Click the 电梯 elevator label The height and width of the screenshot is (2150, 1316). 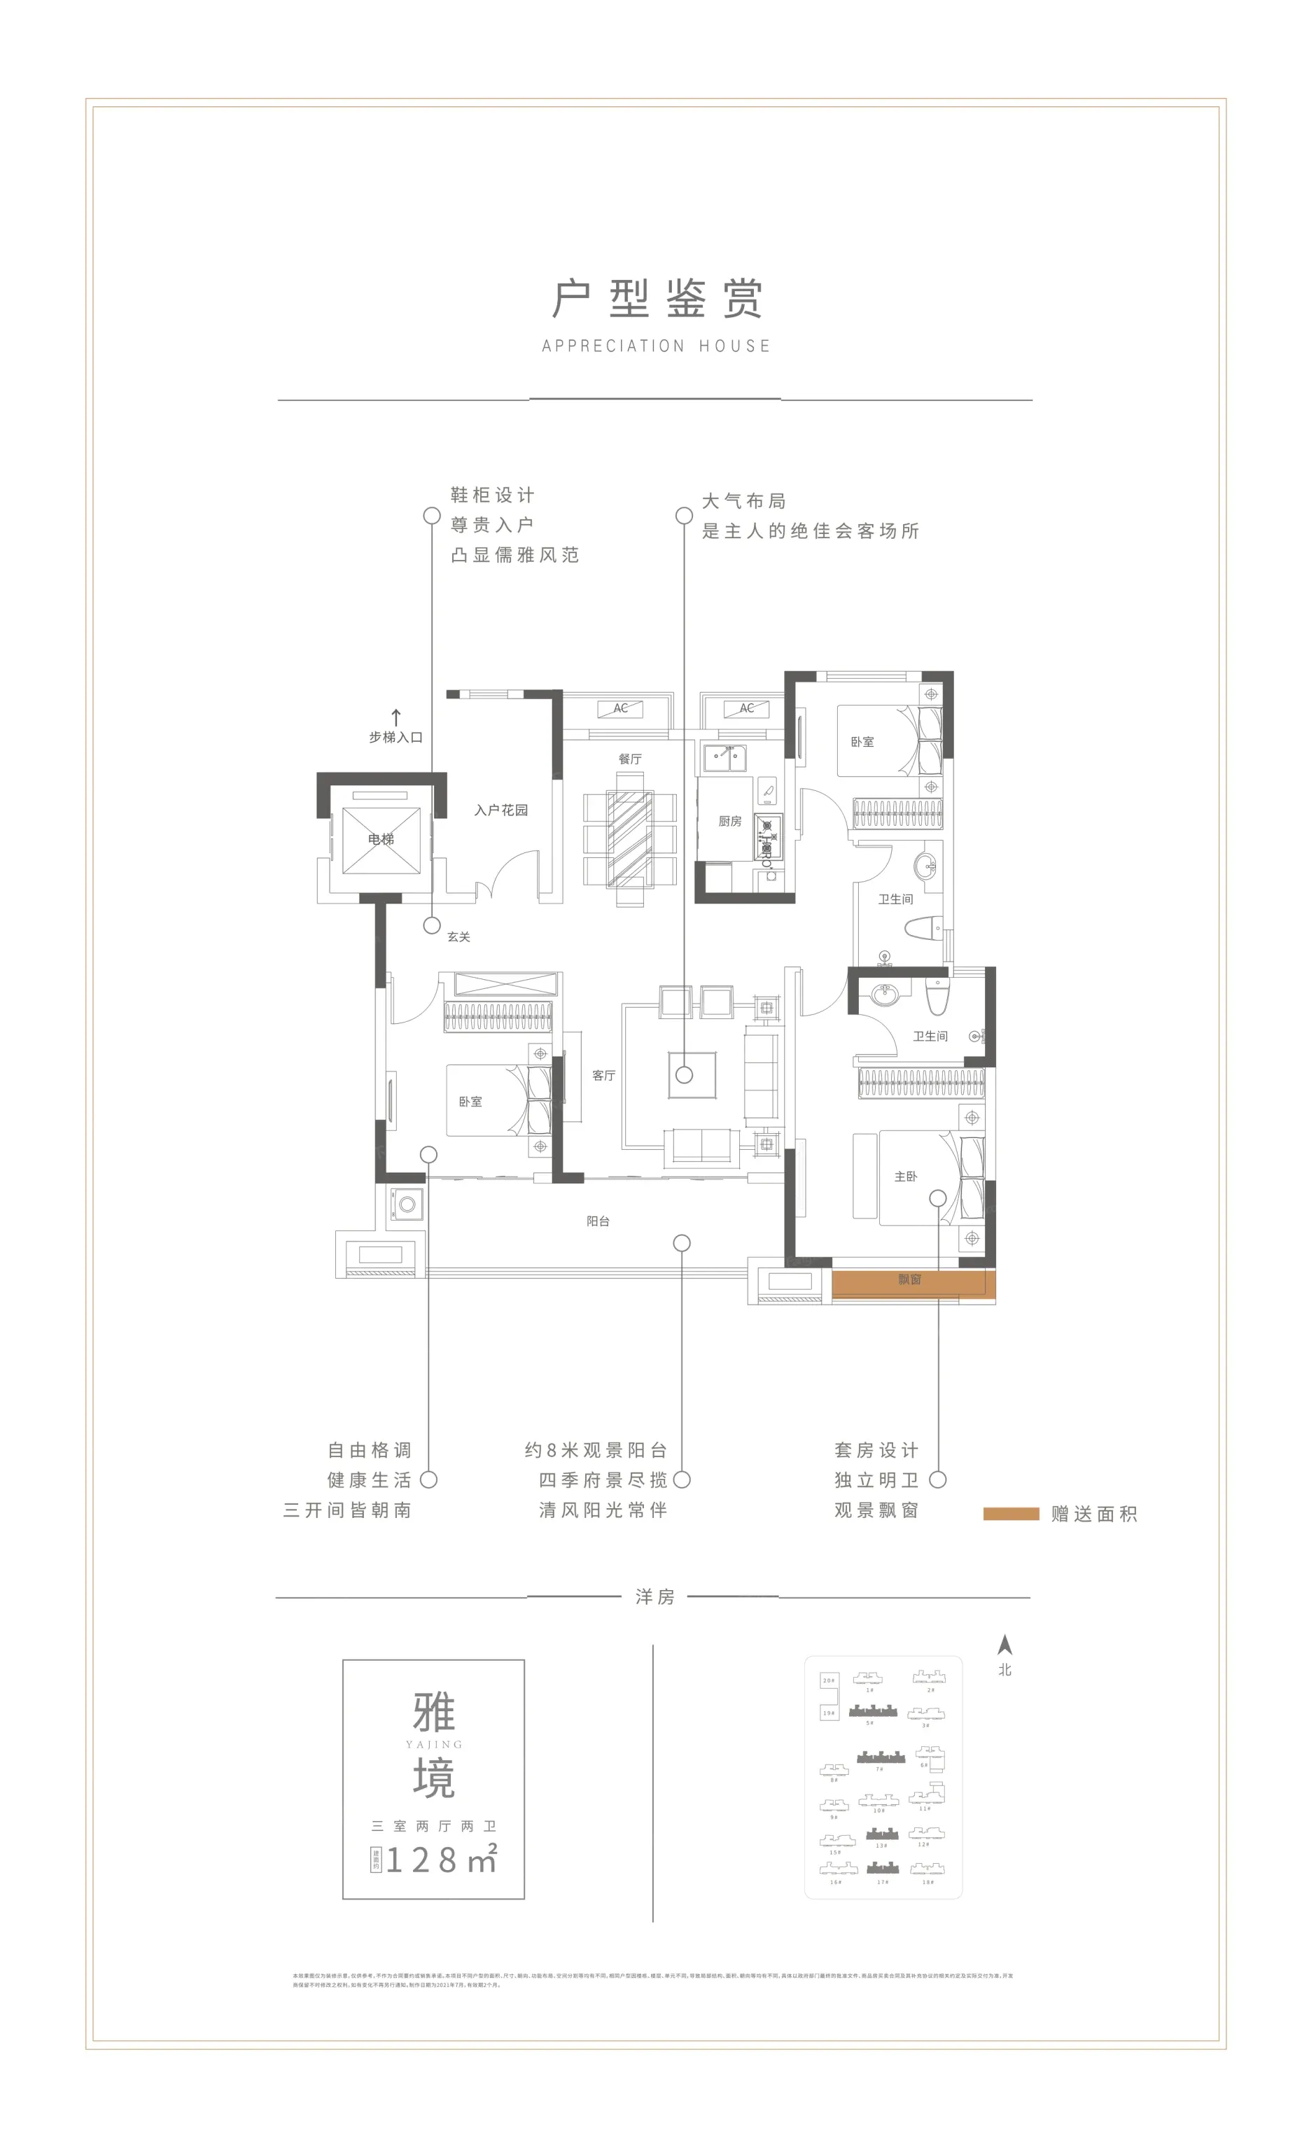pos(381,839)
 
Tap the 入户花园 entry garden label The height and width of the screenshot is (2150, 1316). pos(501,810)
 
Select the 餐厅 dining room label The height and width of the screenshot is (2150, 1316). pos(630,759)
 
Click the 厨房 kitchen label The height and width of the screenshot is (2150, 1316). pos(729,821)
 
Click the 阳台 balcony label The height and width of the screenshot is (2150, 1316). pos(598,1221)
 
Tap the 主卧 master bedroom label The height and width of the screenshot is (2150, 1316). pos(906,1177)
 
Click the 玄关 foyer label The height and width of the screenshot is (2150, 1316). pos(459,937)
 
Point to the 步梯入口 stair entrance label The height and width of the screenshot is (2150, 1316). pos(395,738)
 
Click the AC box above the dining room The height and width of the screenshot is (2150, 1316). pos(620,708)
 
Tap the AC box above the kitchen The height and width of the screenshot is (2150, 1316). pos(747,708)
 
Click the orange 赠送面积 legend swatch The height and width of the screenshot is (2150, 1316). pos(1011,1514)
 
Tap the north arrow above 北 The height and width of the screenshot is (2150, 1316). pos(1005,1645)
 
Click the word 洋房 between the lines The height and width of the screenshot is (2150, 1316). pos(655,1597)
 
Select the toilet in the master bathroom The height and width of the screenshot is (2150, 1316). pos(937,997)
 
